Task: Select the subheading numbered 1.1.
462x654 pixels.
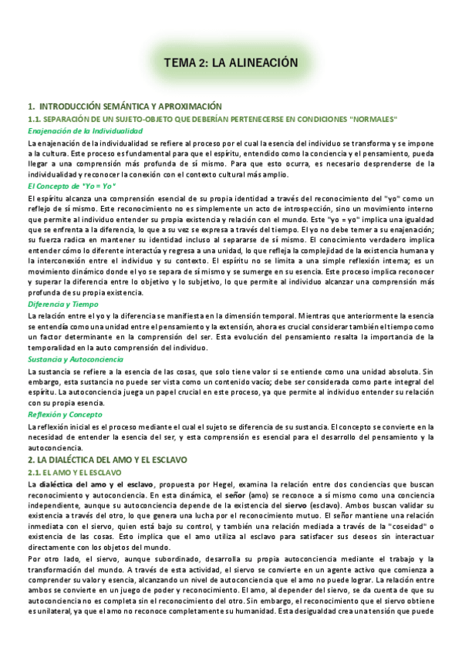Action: (212, 119)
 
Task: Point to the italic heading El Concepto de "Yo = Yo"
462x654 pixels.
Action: (71, 186)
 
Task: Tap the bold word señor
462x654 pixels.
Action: (232, 494)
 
